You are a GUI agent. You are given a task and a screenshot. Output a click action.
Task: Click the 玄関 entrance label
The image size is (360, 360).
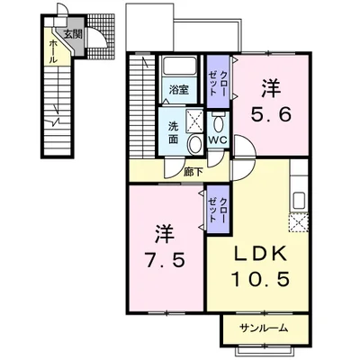(x=73, y=34)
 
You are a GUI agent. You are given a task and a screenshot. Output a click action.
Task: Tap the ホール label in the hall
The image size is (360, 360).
(x=52, y=51)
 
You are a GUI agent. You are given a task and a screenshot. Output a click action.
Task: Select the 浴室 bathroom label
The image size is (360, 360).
(x=179, y=90)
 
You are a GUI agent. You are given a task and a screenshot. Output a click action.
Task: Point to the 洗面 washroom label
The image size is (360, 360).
(x=173, y=132)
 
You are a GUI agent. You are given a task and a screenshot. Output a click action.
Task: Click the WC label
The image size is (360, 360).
(x=218, y=140)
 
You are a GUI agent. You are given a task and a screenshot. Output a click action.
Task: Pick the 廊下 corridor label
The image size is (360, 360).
(x=193, y=172)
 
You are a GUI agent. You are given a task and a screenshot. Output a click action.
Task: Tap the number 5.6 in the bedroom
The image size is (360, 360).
(x=271, y=114)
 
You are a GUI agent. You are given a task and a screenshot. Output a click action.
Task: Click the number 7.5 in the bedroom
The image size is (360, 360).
(x=165, y=260)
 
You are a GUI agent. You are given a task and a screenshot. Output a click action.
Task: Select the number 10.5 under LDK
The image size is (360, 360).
(x=260, y=279)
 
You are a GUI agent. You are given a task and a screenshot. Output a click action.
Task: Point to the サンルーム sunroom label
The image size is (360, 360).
(x=264, y=328)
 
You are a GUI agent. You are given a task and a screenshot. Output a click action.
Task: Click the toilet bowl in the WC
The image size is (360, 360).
(x=218, y=122)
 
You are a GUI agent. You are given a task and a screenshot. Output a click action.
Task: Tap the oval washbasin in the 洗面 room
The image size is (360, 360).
(x=195, y=144)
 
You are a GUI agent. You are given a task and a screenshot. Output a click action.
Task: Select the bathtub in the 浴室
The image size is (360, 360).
(x=179, y=67)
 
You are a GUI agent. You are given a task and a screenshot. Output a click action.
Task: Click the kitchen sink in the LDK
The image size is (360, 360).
(x=299, y=200)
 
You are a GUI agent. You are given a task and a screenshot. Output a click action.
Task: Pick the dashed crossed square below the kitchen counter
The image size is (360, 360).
(x=298, y=222)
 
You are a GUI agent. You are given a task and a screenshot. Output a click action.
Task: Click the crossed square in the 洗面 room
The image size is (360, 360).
(x=194, y=121)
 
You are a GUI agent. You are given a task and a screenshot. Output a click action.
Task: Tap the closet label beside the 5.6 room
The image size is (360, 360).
(x=218, y=83)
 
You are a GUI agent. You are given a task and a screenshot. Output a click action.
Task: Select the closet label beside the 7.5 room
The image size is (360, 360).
(x=218, y=210)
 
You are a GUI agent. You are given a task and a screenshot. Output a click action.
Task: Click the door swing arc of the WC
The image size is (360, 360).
(x=218, y=160)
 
